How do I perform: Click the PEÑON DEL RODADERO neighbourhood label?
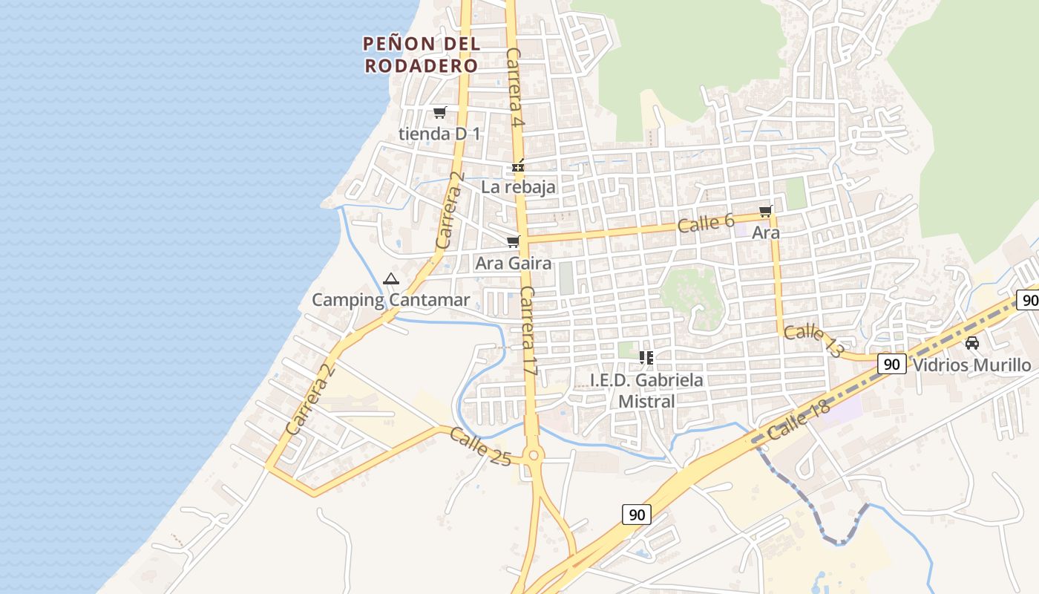[x=422, y=54]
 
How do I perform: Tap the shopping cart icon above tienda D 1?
[x=440, y=113]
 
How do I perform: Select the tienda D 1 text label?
[x=439, y=134]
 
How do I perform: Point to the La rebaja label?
[x=518, y=187]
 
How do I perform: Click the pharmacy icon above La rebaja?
[x=518, y=167]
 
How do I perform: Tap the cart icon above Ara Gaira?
[x=513, y=242]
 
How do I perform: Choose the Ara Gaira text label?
[x=514, y=264]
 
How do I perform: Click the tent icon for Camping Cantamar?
[x=391, y=279]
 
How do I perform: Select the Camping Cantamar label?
[x=390, y=300]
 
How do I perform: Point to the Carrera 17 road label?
[x=528, y=330]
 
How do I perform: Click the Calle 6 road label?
[x=706, y=223]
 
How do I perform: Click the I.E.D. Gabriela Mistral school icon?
[x=646, y=358]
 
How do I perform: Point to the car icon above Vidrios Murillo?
[x=972, y=343]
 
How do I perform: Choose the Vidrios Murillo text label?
[x=971, y=365]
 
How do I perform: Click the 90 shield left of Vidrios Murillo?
[x=892, y=364]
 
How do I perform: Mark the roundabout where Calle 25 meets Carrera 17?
[x=533, y=455]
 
